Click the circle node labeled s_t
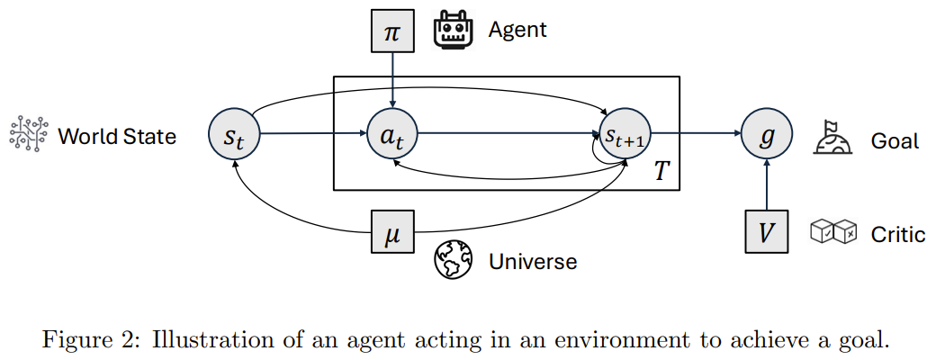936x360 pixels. (235, 134)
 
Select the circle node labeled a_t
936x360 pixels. (392, 134)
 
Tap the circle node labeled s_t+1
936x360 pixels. (625, 134)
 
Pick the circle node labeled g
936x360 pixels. (767, 134)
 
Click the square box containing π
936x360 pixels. (392, 31)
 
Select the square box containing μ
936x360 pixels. (392, 231)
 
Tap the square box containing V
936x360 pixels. (767, 231)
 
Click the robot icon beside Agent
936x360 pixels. (453, 30)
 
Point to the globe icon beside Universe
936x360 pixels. (453, 260)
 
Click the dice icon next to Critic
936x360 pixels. (833, 231)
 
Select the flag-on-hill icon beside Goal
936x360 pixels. (832, 138)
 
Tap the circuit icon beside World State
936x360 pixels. (28, 133)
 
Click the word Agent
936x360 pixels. (517, 30)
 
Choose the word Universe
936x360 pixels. (533, 261)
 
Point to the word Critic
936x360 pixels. (898, 235)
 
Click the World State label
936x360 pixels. (117, 137)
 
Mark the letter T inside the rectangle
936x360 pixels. (660, 172)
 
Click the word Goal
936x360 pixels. (895, 141)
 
